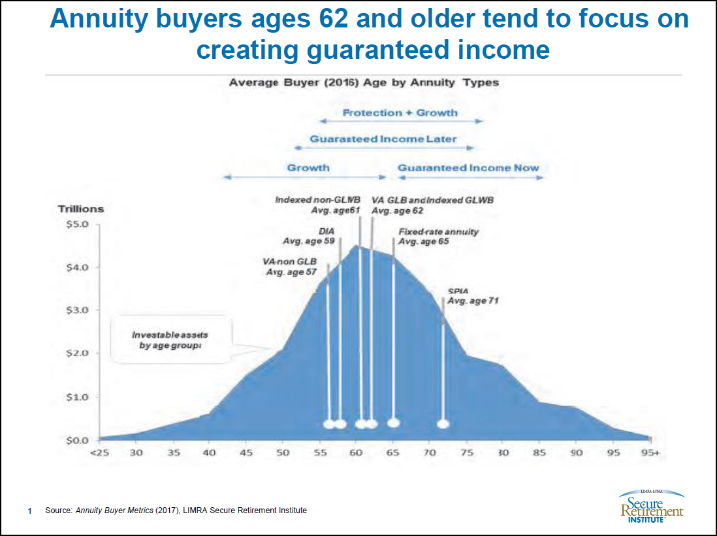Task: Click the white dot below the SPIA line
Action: [x=443, y=424]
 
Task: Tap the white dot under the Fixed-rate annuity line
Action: [x=393, y=422]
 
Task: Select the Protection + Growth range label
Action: [x=400, y=112]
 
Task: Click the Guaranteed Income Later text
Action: [x=383, y=139]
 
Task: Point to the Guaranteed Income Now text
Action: [x=468, y=168]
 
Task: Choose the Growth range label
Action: [x=308, y=168]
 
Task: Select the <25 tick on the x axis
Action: [x=99, y=452]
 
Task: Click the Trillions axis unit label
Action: [x=82, y=209]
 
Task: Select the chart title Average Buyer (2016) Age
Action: [x=363, y=83]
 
